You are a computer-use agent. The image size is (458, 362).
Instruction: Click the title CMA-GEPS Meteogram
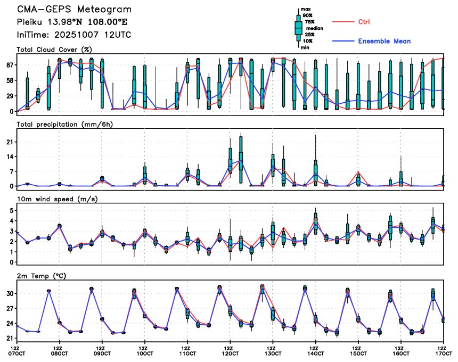pyautogui.click(x=74, y=10)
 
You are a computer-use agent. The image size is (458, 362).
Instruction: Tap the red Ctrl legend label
pyautogui.click(x=364, y=22)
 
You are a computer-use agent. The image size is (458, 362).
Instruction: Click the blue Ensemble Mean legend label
pyautogui.click(x=384, y=41)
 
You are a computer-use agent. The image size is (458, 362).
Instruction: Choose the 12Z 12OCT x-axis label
pyautogui.click(x=230, y=350)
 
